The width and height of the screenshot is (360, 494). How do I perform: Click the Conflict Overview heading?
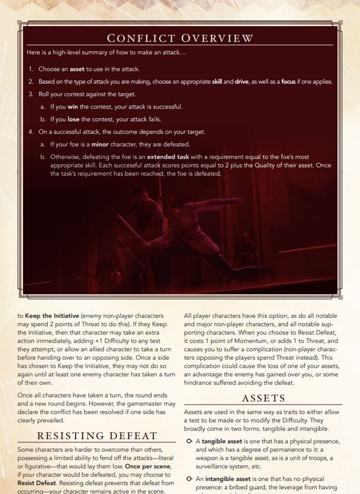(180, 38)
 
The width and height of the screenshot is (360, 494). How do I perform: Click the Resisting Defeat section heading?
(97, 436)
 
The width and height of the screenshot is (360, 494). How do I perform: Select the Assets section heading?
(264, 398)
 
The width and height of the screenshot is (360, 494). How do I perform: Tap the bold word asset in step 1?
(77, 69)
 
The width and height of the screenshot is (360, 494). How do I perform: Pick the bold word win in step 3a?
(73, 107)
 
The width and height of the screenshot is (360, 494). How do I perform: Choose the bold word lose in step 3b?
(73, 119)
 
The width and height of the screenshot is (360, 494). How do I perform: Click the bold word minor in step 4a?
(100, 145)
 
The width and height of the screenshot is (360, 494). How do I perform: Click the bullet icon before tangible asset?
(189, 441)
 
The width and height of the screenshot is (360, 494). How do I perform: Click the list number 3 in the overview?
(31, 94)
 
